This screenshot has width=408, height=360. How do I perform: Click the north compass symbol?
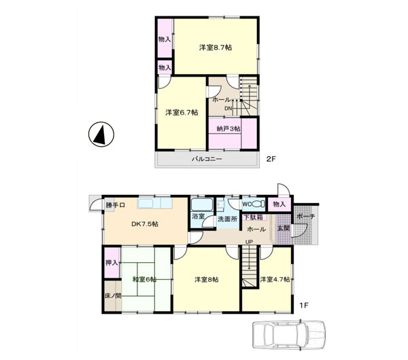tap(101, 134)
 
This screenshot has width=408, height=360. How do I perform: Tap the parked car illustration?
tap(289, 335)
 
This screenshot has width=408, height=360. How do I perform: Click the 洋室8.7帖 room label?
tap(216, 48)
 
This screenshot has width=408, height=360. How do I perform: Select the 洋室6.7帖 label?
tap(182, 113)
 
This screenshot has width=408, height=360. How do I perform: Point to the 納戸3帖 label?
tap(228, 128)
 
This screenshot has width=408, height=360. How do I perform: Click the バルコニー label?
tap(207, 159)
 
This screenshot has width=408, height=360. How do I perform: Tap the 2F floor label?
tap(271, 159)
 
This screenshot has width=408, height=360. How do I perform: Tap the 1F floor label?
tap(303, 305)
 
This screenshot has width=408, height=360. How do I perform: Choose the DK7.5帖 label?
tap(145, 224)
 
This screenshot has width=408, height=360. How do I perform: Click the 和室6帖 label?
tap(144, 279)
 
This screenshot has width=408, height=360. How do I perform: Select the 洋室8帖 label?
tap(207, 280)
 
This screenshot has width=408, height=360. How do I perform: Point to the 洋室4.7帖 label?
tap(275, 279)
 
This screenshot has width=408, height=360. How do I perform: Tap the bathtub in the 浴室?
tap(202, 204)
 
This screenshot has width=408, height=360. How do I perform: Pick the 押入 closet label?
tap(112, 263)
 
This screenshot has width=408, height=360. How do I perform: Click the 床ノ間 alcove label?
tap(113, 295)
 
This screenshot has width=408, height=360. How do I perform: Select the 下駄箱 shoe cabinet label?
tap(253, 217)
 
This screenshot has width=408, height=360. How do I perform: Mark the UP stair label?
tap(249, 242)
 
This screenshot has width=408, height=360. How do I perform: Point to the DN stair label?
tap(228, 109)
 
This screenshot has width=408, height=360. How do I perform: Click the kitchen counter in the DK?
tap(155, 203)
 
